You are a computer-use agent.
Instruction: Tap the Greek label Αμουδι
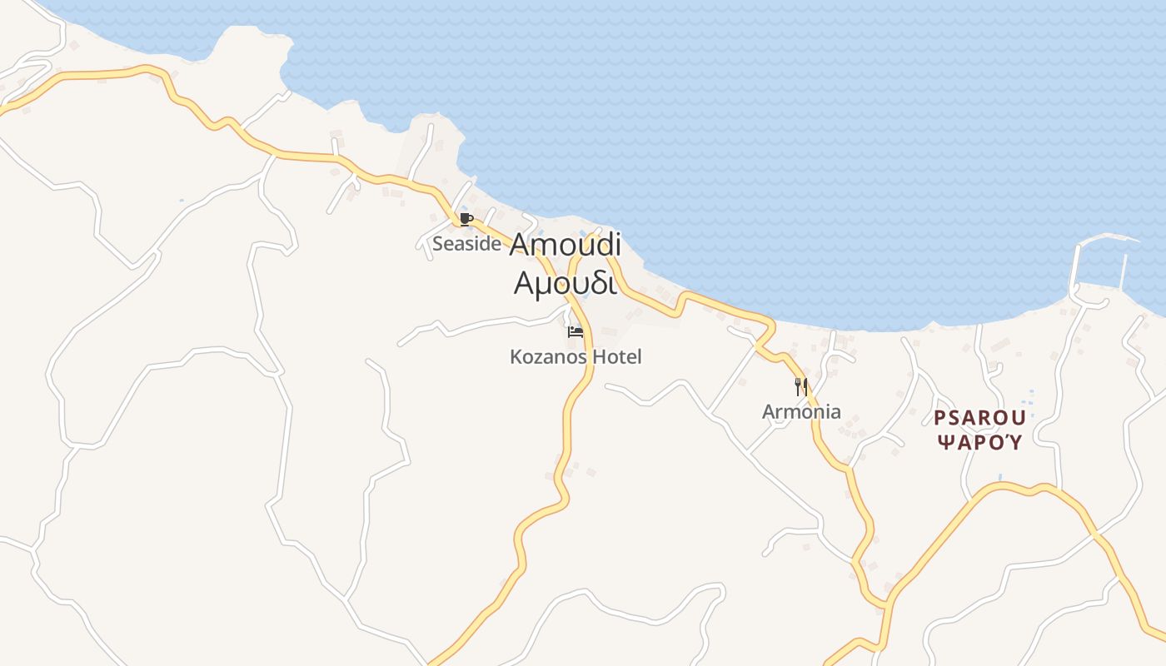click(565, 283)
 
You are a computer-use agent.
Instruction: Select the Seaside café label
click(466, 244)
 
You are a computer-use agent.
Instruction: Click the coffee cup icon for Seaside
click(466, 220)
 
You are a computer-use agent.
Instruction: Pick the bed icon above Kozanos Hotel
click(576, 332)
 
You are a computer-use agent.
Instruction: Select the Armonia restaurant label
click(801, 411)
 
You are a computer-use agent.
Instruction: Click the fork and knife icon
click(801, 387)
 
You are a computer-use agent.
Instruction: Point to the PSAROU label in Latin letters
click(979, 418)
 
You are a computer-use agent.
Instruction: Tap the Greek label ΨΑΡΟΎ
click(979, 442)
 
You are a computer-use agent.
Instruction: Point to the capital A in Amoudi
click(520, 245)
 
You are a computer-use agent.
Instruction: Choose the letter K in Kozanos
click(516, 357)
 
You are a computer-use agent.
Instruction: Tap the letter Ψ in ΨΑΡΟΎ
click(945, 442)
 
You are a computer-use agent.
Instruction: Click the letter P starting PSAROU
click(939, 418)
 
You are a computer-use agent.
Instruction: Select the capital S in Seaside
click(437, 244)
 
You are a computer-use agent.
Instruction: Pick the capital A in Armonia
click(769, 411)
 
